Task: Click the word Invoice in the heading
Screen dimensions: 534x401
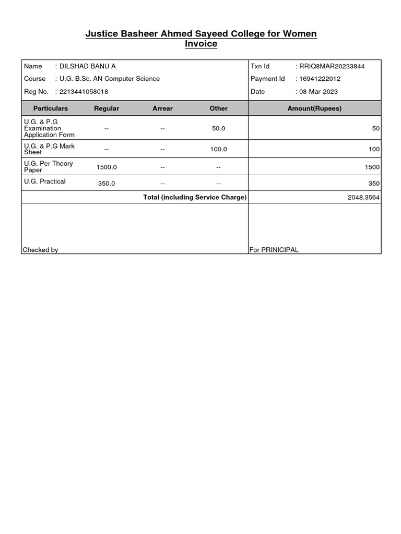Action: [201, 44]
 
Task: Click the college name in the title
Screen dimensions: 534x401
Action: [201, 34]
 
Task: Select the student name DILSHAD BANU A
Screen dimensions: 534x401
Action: [88, 66]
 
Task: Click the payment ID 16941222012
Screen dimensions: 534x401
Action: [320, 79]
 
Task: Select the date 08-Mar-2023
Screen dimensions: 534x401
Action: [319, 92]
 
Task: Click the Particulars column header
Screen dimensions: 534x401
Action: [51, 108]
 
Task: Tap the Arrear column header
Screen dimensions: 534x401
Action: [162, 108]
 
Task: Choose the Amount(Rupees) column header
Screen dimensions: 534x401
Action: [314, 108]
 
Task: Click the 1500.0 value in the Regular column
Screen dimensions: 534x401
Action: [107, 167]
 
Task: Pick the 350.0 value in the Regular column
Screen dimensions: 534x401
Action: [107, 184]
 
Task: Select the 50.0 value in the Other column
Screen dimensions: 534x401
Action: [218, 128]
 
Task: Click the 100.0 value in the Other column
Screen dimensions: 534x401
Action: [218, 149]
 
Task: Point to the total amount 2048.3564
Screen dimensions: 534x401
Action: [363, 198]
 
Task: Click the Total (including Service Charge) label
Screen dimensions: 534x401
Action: [195, 197]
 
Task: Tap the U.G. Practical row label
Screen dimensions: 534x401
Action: [45, 181]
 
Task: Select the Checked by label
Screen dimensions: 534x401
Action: [40, 250]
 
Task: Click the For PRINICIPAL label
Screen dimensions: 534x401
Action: [274, 250]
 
